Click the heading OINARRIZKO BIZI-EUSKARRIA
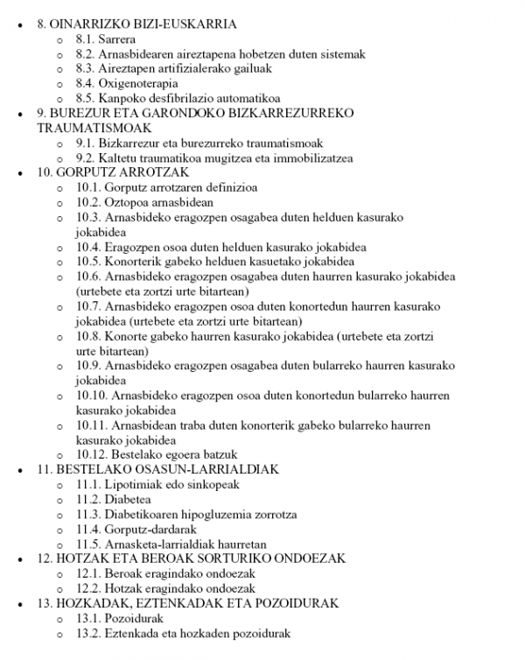[x=144, y=25]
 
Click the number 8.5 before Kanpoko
[x=86, y=99]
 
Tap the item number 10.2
[x=88, y=202]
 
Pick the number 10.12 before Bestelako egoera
[x=92, y=455]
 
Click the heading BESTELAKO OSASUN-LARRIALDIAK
[x=167, y=470]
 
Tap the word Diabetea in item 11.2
[x=129, y=500]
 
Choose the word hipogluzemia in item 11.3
[x=221, y=515]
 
